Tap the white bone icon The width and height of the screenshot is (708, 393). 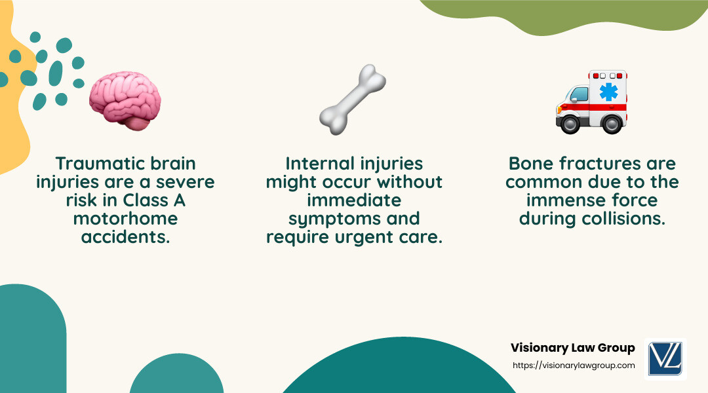(352, 100)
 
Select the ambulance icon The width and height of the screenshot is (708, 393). (591, 102)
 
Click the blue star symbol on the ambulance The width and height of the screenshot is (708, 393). (608, 91)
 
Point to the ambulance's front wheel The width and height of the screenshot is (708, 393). (570, 123)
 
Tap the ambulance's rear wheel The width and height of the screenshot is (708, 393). (611, 123)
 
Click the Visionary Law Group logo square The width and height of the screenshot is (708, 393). (665, 358)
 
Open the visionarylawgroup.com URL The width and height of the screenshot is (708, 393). (573, 365)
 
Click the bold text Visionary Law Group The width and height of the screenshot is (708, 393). (572, 348)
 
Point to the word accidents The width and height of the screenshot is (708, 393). (125, 236)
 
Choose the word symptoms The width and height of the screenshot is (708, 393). (317, 218)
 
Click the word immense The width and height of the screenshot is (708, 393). (570, 200)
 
